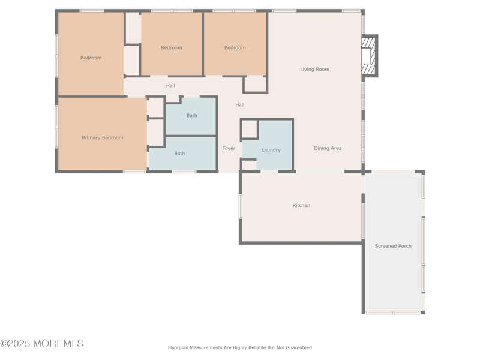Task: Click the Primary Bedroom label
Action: [102, 138]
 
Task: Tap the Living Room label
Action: [314, 69]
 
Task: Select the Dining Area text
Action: [328, 148]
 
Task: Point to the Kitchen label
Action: [301, 205]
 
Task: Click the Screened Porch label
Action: [393, 246]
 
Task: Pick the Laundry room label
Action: [271, 150]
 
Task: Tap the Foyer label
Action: [229, 148]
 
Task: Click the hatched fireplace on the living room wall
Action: [370, 56]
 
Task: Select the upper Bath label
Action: [191, 115]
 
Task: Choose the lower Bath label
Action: [179, 154]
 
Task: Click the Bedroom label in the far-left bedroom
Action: [91, 58]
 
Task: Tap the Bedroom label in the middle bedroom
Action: [172, 48]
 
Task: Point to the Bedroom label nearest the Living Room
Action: [235, 48]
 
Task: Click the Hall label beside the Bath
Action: [239, 105]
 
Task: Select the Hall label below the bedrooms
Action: [170, 86]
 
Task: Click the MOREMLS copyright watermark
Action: [41, 343]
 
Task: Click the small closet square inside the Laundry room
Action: [249, 129]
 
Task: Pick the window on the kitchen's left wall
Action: [241, 206]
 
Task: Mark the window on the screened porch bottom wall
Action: [393, 313]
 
